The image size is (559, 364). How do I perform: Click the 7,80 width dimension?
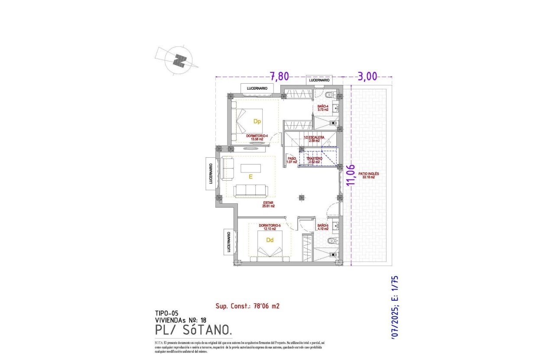[x=279, y=77]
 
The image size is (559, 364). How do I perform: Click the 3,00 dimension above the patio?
[x=367, y=77]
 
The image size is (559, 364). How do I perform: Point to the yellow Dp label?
[x=257, y=122]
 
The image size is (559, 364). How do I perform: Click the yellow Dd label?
[x=270, y=240]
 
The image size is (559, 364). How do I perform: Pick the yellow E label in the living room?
[x=250, y=177]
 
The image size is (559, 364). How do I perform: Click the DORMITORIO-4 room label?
[x=257, y=137]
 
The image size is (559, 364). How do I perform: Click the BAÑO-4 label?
[x=322, y=108]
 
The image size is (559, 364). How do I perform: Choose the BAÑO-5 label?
[x=322, y=227]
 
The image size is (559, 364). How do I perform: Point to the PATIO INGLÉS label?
[x=368, y=175]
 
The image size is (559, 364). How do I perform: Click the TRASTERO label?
[x=314, y=160]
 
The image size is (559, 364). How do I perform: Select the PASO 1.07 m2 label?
[x=292, y=160]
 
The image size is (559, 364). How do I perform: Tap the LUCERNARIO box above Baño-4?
[x=319, y=80]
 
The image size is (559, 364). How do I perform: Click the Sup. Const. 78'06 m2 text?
[x=247, y=306]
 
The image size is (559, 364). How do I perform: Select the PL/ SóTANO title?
[x=193, y=330]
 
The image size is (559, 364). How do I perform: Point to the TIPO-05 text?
[x=166, y=313]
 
